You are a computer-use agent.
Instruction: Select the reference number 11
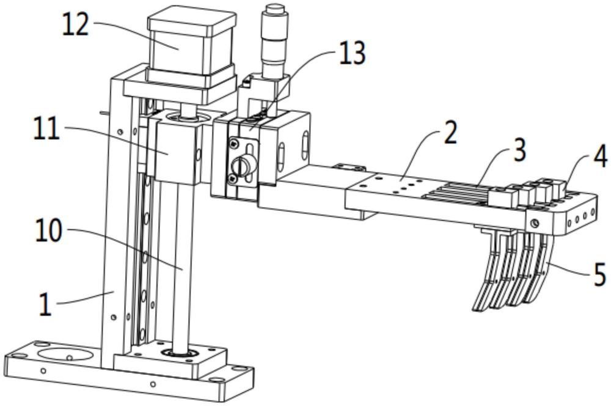click(x=46, y=130)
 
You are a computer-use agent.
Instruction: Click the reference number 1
click(x=45, y=304)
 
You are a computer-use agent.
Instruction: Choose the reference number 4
click(x=601, y=156)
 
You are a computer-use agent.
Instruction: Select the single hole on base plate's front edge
click(x=153, y=384)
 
